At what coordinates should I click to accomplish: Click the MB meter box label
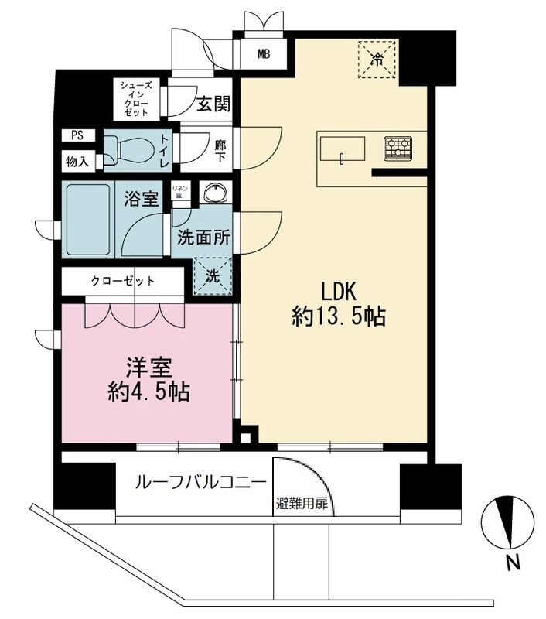click(264, 54)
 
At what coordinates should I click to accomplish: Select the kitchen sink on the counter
click(340, 149)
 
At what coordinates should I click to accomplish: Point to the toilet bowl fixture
click(128, 148)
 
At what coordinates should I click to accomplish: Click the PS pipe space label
click(77, 135)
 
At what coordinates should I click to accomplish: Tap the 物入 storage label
click(77, 162)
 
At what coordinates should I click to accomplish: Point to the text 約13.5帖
click(339, 318)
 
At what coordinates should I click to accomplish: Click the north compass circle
click(507, 522)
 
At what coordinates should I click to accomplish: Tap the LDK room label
click(338, 292)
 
